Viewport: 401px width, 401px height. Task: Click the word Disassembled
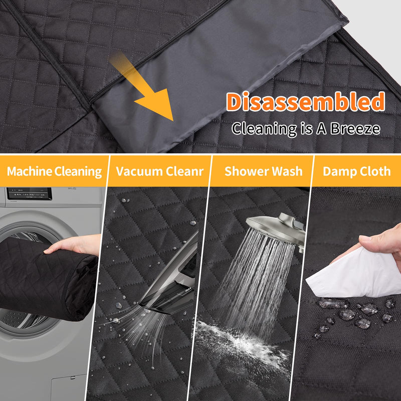[305, 102]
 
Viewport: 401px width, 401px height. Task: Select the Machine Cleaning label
[54, 171]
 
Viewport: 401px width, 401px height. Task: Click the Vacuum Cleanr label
[160, 171]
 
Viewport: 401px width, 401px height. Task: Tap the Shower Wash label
[264, 171]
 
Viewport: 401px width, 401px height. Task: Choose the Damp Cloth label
[357, 171]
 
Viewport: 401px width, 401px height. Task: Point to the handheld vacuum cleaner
[170, 276]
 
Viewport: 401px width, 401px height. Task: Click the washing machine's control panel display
[29, 193]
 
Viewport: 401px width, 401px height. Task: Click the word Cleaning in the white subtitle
[264, 129]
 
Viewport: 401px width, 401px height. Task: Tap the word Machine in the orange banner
[30, 171]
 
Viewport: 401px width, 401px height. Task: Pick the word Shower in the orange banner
[246, 171]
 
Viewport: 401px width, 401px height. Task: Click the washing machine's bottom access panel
[69, 388]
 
